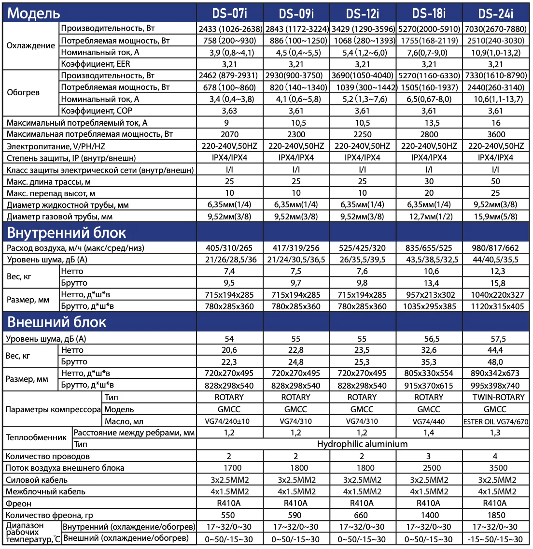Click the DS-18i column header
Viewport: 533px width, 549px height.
(x=429, y=13)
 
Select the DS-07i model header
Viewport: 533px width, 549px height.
(x=229, y=13)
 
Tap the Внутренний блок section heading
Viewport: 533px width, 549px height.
(x=67, y=233)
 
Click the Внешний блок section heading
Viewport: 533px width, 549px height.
(x=56, y=322)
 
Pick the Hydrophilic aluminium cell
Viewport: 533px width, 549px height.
(x=362, y=444)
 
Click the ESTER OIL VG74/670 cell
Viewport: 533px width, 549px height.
(x=496, y=421)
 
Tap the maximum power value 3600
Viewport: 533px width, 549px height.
(x=496, y=134)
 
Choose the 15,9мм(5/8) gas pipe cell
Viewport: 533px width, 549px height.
(x=495, y=217)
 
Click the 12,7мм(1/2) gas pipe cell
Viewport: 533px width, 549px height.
(x=429, y=217)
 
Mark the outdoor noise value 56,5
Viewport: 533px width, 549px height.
(x=429, y=339)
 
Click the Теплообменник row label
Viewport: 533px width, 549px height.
(x=36, y=438)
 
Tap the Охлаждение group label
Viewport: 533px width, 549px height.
(x=31, y=46)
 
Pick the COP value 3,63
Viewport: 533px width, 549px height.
(x=229, y=111)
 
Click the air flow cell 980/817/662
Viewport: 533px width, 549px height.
(x=496, y=248)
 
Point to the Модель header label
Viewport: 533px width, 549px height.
(x=34, y=14)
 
